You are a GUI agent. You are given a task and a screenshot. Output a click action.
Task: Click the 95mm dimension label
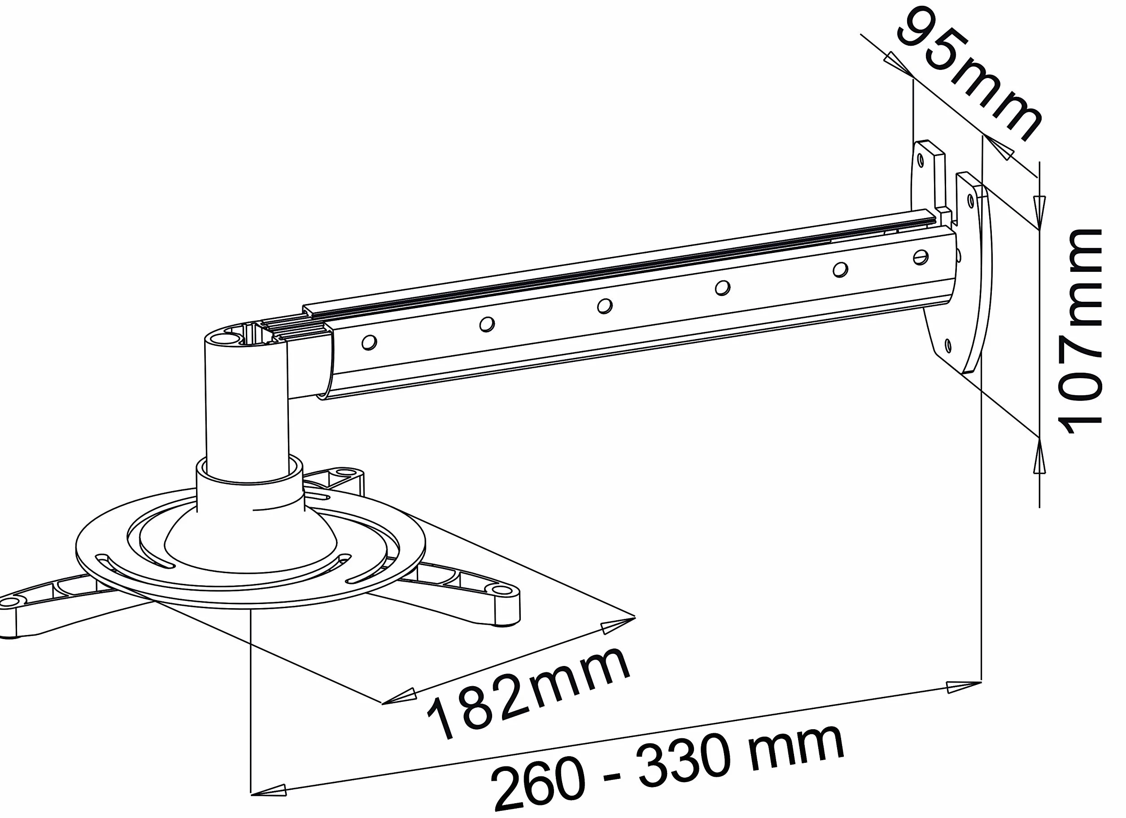coord(971,74)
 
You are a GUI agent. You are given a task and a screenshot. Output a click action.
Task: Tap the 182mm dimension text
coord(529,696)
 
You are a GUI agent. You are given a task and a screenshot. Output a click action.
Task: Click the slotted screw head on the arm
coord(921,257)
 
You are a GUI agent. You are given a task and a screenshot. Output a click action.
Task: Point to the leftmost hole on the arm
coord(369,342)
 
